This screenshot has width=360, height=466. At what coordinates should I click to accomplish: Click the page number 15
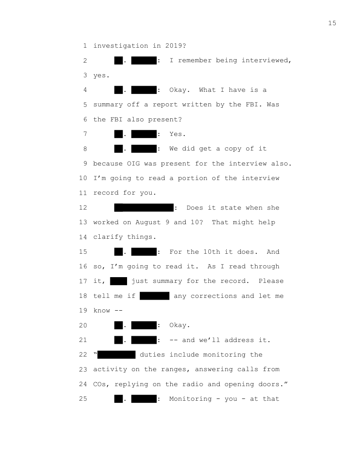coord(332,23)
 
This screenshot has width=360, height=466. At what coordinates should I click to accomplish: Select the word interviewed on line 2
coord(266,60)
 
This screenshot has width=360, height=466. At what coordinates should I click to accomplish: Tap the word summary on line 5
coord(108,105)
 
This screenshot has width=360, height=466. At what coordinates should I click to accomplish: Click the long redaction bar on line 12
coord(144,208)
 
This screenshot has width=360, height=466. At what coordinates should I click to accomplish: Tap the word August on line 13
coord(148,222)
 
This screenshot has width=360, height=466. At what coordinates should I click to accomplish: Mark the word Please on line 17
coord(271,281)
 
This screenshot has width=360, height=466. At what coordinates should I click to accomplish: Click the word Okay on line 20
coord(180,325)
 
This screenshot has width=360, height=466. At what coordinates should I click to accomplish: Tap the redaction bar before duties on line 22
coord(116,355)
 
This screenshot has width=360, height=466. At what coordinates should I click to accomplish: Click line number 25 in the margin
coord(83,399)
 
